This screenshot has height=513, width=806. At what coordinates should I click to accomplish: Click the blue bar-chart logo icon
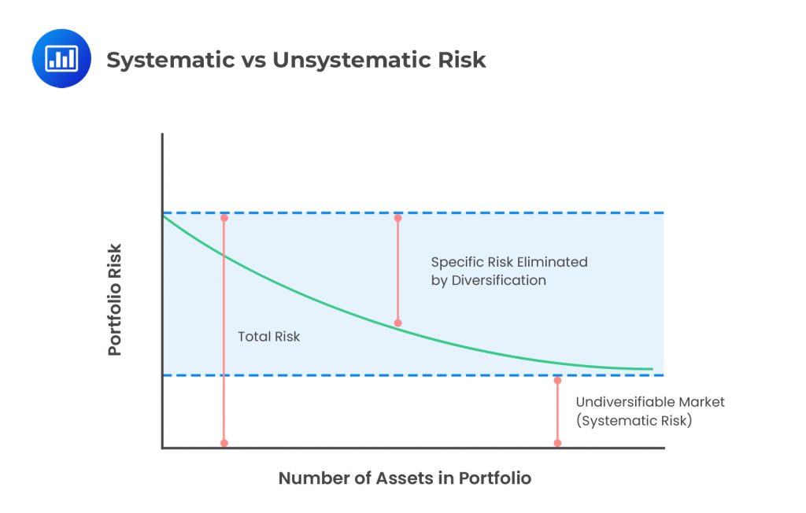[x=61, y=58]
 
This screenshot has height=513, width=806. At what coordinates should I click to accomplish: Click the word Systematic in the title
[x=171, y=60]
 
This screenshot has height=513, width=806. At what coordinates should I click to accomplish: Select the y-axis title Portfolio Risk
[x=115, y=300]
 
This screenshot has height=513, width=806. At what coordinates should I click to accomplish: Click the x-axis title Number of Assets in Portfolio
[x=405, y=478]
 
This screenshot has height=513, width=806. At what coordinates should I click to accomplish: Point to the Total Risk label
[x=268, y=337]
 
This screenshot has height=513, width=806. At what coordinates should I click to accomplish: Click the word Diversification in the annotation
[x=498, y=280]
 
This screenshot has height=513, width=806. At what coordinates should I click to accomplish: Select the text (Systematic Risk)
[x=634, y=420]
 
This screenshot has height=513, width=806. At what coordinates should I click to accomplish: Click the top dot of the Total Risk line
[x=224, y=218]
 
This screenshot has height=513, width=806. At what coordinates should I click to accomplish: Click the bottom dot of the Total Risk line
[x=224, y=443]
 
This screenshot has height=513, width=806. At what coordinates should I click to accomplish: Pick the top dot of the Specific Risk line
[x=397, y=218]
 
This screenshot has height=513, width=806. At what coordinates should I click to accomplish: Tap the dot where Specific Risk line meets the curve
[x=397, y=323]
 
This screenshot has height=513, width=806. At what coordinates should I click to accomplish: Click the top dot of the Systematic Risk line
[x=557, y=380]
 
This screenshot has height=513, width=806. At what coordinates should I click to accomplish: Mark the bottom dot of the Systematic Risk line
[x=557, y=443]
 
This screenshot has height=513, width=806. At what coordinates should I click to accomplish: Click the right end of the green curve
[x=653, y=369]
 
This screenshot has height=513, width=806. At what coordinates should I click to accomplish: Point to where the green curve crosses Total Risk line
[x=224, y=255]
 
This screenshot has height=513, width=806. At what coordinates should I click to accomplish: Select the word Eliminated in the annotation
[x=553, y=262]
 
